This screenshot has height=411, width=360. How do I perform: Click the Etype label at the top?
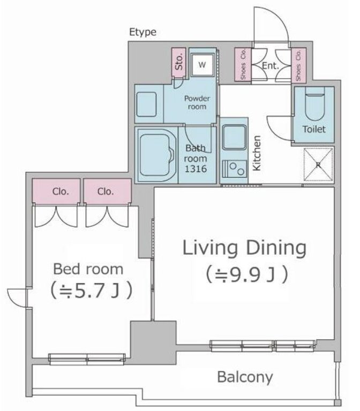[143, 32]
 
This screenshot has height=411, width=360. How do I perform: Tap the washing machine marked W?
[202, 64]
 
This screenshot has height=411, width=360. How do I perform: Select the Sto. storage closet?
[179, 63]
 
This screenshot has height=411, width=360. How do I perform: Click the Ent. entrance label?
[270, 65]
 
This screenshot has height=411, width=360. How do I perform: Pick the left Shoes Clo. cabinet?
[243, 64]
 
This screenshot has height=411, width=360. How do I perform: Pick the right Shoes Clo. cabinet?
[298, 65]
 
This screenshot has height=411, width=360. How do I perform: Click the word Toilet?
[314, 129]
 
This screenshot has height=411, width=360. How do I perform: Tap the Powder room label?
[197, 103]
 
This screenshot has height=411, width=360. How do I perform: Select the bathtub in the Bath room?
[155, 155]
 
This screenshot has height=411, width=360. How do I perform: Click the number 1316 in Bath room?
[196, 169]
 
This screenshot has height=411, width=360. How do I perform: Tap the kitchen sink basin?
[234, 137]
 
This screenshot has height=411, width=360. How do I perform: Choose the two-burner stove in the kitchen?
[235, 169]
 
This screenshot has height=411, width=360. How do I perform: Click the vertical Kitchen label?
[257, 153]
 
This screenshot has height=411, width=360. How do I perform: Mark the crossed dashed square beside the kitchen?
[318, 164]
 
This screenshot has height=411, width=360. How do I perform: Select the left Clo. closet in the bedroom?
[56, 191]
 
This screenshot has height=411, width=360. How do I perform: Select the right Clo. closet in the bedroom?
[107, 191]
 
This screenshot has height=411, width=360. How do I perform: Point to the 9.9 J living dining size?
[246, 274]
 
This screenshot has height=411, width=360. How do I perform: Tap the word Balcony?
[245, 377]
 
